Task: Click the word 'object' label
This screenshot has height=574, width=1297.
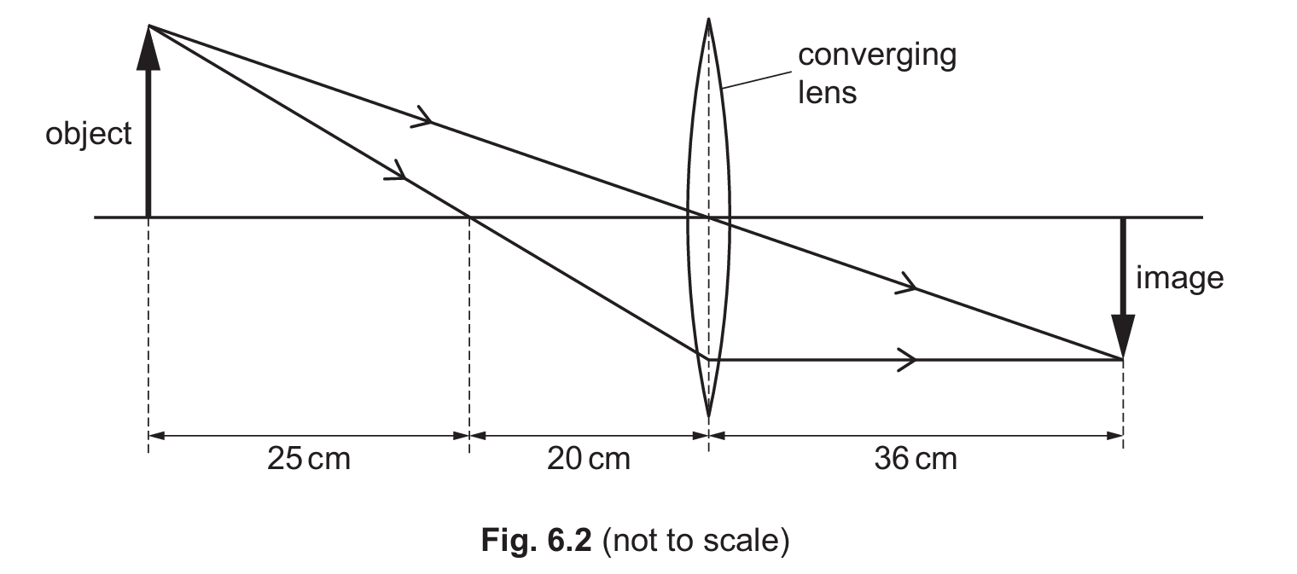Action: (89, 135)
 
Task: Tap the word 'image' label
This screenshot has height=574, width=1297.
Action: (1180, 278)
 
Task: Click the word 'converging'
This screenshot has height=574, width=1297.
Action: (876, 56)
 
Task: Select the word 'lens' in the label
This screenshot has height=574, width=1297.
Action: (827, 91)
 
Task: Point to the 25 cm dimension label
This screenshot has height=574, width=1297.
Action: (308, 459)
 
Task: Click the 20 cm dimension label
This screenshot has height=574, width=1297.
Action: (588, 459)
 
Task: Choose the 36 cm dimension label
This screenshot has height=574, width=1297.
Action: (915, 459)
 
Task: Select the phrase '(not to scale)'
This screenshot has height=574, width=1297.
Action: (695, 542)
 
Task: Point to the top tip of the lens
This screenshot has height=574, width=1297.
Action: (708, 18)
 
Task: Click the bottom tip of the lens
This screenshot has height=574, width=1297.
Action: (708, 417)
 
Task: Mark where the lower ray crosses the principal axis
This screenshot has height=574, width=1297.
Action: (470, 217)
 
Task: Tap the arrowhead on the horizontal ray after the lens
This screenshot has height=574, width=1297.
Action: (906, 359)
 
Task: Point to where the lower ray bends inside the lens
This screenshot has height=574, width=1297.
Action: (708, 357)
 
